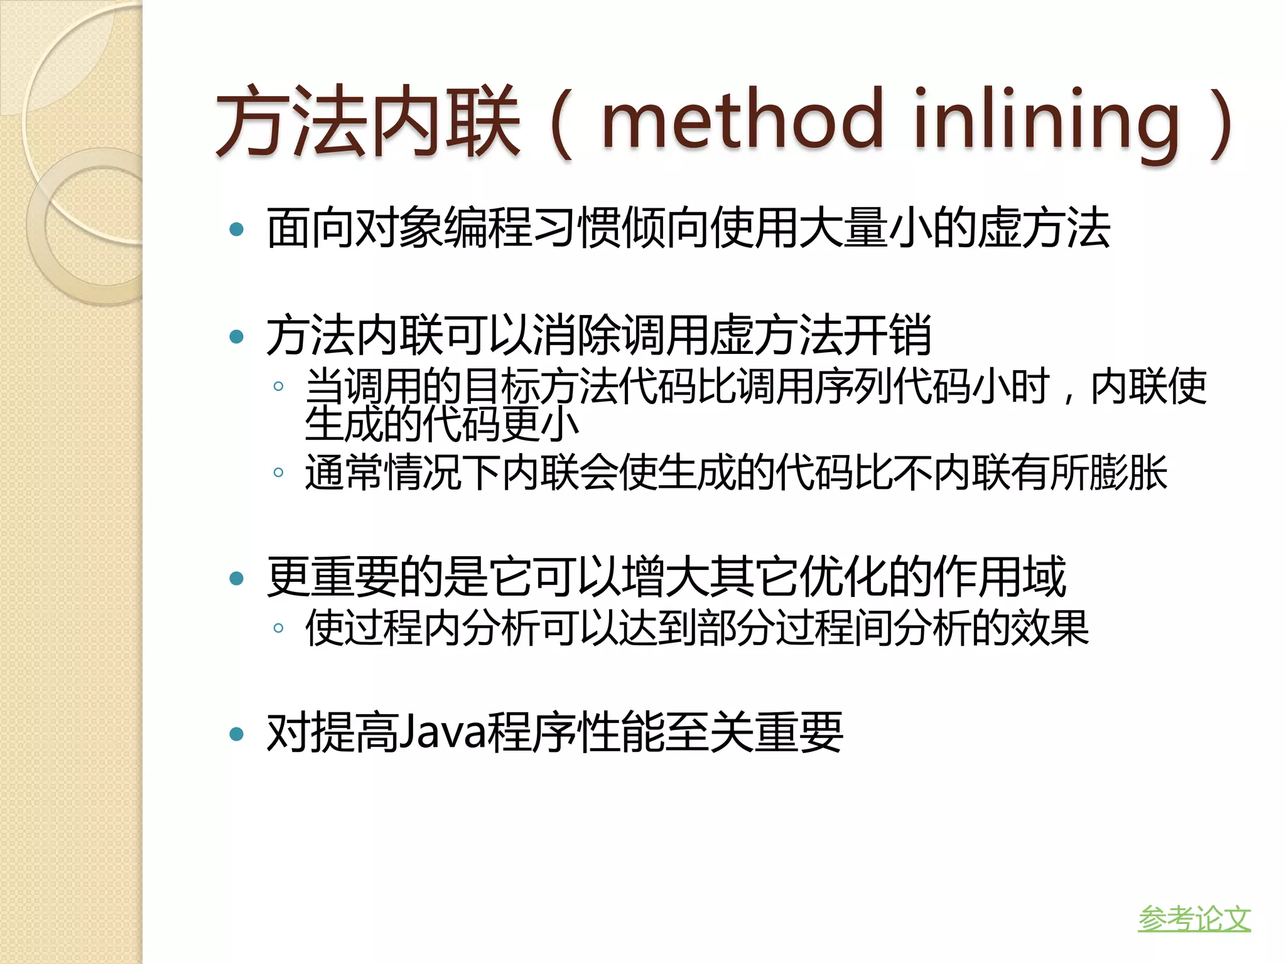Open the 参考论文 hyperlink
click(1194, 919)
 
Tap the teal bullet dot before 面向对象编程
click(237, 229)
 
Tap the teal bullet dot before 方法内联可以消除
click(237, 337)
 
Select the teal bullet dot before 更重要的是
click(237, 578)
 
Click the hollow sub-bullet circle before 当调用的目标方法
click(278, 386)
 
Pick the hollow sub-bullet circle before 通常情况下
click(278, 472)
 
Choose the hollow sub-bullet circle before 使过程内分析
click(278, 628)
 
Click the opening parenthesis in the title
click(562, 122)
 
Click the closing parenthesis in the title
click(1221, 122)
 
